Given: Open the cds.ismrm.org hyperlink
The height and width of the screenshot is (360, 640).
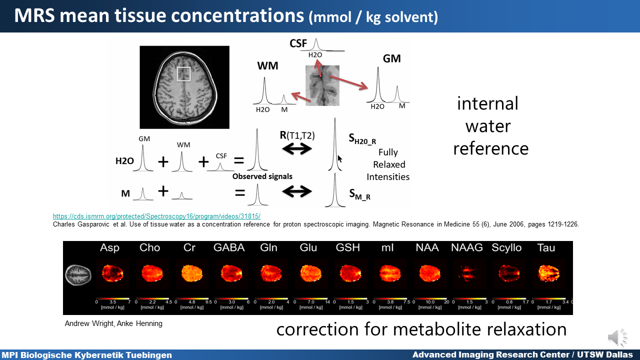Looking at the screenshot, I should (x=156, y=216).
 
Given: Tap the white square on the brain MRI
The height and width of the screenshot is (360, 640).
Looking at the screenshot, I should (x=183, y=74).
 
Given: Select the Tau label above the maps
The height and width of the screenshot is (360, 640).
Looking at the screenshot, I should (x=546, y=248).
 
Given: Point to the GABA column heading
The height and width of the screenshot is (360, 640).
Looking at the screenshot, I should (x=229, y=248).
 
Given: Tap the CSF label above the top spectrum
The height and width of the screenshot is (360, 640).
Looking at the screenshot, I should (x=298, y=43).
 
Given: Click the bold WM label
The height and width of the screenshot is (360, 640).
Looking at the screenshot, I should (x=268, y=66).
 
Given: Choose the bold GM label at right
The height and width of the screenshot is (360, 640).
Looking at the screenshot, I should (x=391, y=58).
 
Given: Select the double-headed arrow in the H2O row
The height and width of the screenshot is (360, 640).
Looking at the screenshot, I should (x=297, y=149).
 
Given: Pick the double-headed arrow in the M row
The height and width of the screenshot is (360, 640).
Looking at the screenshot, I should (x=297, y=191).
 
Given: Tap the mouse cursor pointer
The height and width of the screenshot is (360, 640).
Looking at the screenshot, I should (x=340, y=159).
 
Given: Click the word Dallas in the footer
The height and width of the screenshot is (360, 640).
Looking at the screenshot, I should (x=616, y=355).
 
